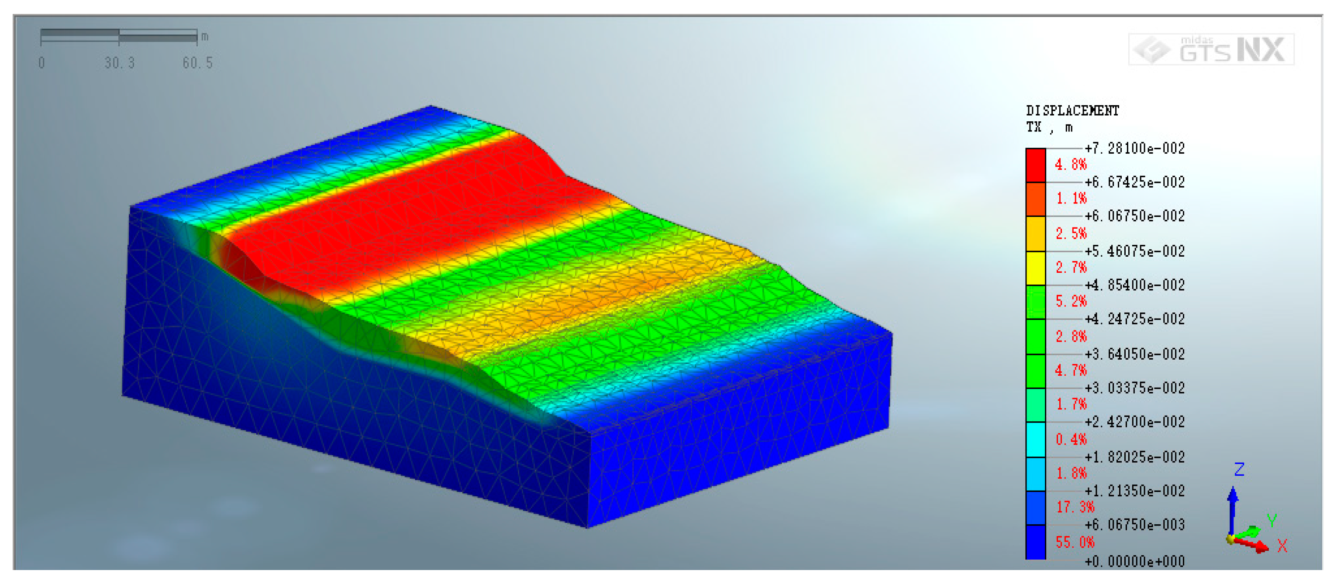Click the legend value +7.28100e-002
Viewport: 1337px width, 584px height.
(x=1134, y=148)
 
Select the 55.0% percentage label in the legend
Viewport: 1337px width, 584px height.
(x=1075, y=543)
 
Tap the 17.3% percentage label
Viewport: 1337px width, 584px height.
(x=1075, y=507)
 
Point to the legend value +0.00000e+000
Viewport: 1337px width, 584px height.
(x=1134, y=562)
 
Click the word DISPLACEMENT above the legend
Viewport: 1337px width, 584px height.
(x=1072, y=110)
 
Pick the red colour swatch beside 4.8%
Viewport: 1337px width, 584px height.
(x=1035, y=165)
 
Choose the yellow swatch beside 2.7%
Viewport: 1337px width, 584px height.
(x=1035, y=268)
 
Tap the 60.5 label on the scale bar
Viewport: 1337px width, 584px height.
(x=198, y=63)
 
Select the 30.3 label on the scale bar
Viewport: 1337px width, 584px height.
(x=119, y=63)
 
